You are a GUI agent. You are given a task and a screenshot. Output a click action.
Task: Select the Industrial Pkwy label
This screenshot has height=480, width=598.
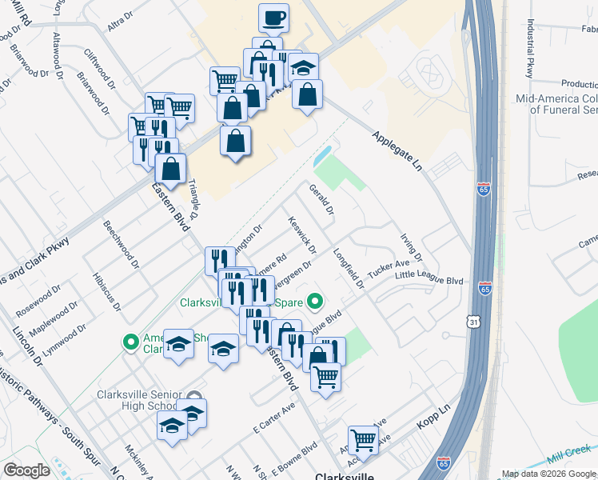pos(529,56)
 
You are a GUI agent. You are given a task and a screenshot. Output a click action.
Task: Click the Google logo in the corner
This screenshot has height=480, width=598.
pos(26,470)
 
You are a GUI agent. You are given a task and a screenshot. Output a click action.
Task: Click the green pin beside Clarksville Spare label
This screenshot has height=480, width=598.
pos(315,302)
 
